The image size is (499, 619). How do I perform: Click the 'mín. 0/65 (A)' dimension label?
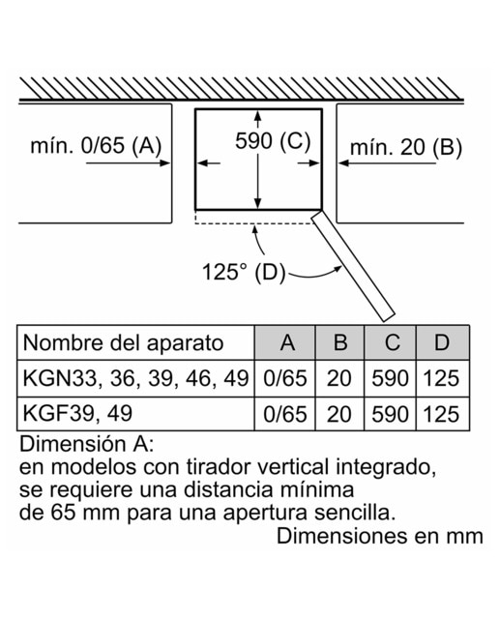pyautogui.click(x=96, y=145)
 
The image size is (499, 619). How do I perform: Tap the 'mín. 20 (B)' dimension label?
pyautogui.click(x=406, y=148)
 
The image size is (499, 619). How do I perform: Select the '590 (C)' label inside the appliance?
pyautogui.click(x=273, y=140)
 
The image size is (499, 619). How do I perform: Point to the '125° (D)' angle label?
pyautogui.click(x=244, y=272)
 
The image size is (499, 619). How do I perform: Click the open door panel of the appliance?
pyautogui.click(x=353, y=266)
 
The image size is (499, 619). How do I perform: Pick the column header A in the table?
pyautogui.click(x=287, y=342)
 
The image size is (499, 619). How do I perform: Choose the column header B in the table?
pyautogui.click(x=340, y=342)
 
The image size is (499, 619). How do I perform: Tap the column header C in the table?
pyautogui.click(x=392, y=342)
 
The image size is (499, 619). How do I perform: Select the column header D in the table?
pyautogui.click(x=442, y=342)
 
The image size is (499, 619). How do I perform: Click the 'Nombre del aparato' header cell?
pyautogui.click(x=123, y=342)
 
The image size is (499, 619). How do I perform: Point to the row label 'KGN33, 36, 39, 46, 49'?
pyautogui.click(x=135, y=378)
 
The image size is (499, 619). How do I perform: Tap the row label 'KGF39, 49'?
pyautogui.click(x=77, y=413)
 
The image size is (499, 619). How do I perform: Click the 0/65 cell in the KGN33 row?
pyautogui.click(x=285, y=378)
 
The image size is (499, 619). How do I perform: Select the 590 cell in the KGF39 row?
pyautogui.click(x=390, y=414)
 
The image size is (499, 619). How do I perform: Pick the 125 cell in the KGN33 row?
pyautogui.click(x=441, y=378)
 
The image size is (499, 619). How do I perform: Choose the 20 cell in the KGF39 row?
pyautogui.click(x=339, y=414)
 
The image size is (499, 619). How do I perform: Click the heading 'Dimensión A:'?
pyautogui.click(x=86, y=444)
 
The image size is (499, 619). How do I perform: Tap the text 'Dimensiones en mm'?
pyautogui.click(x=380, y=536)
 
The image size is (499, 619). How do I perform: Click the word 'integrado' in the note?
pyautogui.click(x=386, y=468)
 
